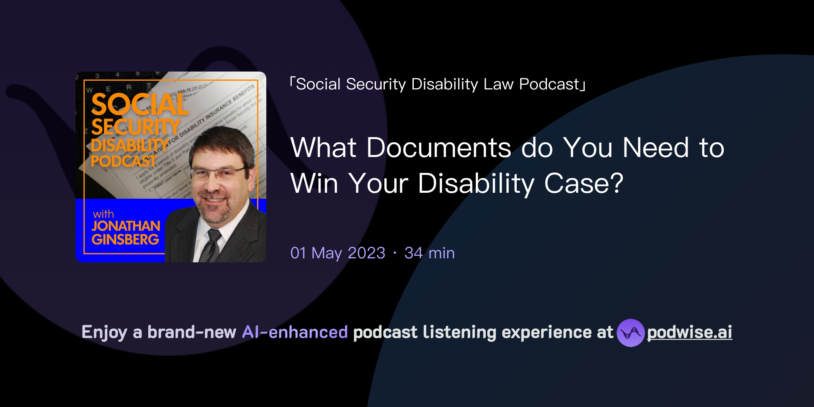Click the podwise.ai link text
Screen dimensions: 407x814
tap(690, 332)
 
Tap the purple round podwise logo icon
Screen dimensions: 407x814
tap(630, 333)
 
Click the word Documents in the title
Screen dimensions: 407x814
tap(438, 148)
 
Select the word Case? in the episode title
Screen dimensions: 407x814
tap(583, 184)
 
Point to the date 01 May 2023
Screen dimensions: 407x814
tap(338, 253)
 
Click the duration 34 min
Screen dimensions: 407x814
tap(429, 253)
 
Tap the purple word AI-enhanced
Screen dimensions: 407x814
tap(295, 332)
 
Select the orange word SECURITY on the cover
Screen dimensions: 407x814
tap(136, 127)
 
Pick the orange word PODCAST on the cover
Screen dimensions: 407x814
tap(123, 161)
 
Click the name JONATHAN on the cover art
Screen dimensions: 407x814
tap(126, 226)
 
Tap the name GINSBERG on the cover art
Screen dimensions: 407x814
tap(125, 239)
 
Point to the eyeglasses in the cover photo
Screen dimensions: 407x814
tap(218, 173)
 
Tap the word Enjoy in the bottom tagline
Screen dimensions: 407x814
tap(104, 332)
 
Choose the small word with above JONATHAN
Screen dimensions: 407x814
tap(103, 214)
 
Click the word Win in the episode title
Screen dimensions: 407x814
tap(314, 184)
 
